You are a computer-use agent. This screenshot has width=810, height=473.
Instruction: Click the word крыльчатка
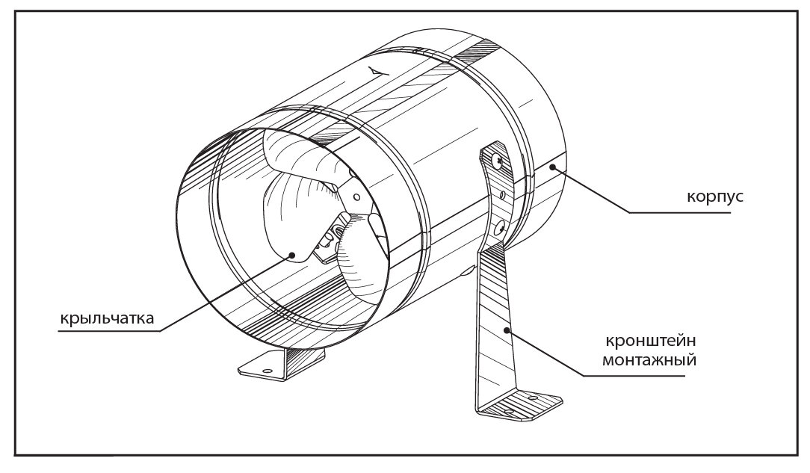[106, 319]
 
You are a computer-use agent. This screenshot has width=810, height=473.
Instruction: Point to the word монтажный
[652, 359]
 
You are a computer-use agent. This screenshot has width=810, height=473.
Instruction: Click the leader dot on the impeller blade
[294, 255]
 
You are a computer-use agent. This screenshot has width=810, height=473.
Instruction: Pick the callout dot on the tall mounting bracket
[507, 328]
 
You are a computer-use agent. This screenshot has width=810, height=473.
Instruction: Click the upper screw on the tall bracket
[496, 158]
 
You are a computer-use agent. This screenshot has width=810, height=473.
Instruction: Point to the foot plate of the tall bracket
[519, 408]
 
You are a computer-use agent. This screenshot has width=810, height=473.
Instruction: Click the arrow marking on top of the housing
[375, 69]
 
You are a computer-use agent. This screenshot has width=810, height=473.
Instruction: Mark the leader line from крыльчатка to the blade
[224, 292]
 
